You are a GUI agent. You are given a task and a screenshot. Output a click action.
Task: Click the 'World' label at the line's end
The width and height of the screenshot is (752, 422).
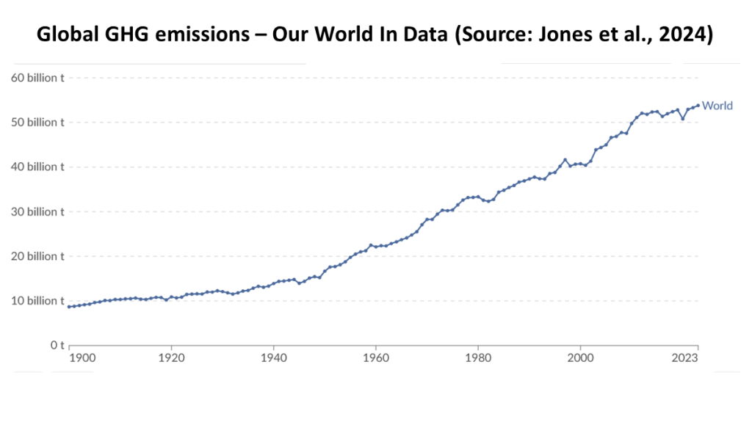[717, 106]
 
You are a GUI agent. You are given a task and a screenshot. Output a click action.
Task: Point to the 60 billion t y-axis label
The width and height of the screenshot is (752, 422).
[37, 78]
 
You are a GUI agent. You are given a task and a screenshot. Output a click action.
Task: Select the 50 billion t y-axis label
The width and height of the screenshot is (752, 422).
[37, 123]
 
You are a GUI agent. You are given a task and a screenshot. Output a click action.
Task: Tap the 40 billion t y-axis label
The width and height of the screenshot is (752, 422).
[37, 167]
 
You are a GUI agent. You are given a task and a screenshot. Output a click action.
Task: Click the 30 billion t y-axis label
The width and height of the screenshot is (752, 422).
[37, 212]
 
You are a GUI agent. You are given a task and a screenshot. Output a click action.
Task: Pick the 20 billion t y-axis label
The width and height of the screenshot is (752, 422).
[37, 256]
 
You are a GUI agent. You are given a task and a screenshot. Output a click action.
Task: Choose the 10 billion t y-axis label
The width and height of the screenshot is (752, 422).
[37, 301]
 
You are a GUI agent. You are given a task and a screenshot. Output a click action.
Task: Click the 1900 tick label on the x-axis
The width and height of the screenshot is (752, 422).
[82, 358]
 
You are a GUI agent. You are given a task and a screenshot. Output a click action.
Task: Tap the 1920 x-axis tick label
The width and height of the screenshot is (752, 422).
[171, 358]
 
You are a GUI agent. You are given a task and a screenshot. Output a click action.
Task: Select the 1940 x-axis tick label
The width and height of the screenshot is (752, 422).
[273, 358]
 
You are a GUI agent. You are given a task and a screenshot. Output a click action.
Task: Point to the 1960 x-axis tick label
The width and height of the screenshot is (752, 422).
[376, 358]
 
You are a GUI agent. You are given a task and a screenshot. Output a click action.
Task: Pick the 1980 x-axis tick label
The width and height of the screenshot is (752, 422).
[478, 358]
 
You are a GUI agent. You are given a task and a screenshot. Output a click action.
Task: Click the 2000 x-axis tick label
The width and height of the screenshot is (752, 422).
[580, 358]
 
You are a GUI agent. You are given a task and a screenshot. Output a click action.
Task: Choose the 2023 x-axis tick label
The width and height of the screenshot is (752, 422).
[685, 358]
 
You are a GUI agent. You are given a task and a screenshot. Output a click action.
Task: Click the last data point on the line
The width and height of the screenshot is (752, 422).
[698, 105]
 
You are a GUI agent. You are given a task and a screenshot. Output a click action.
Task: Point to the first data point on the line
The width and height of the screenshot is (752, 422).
[69, 307]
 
